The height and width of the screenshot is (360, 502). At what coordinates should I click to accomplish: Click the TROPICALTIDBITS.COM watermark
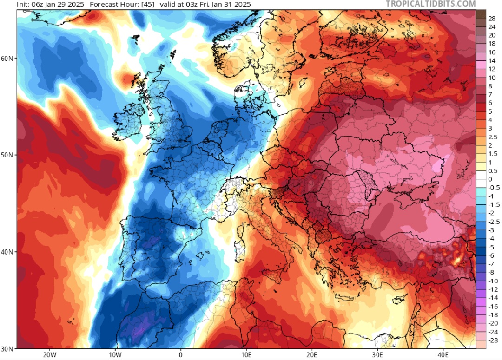(x=430, y=4)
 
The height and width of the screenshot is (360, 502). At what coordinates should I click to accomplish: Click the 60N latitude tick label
(x=8, y=59)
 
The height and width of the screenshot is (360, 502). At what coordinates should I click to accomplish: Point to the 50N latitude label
(x=8, y=155)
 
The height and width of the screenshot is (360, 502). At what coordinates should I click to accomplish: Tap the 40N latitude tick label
(x=8, y=252)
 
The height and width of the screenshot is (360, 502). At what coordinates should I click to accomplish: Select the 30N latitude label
(x=8, y=348)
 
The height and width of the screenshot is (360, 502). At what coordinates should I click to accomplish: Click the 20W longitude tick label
(x=49, y=355)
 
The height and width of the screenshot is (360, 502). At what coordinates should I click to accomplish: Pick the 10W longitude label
(x=115, y=355)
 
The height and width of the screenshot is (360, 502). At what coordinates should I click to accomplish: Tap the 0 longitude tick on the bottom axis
(x=180, y=355)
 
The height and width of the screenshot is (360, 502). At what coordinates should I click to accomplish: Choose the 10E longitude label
(x=246, y=355)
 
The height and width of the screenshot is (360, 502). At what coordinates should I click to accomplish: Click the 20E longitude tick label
(x=312, y=355)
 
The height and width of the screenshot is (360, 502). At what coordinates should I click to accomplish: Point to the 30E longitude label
(x=377, y=355)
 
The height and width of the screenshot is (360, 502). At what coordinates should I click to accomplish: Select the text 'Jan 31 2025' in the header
(x=231, y=4)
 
